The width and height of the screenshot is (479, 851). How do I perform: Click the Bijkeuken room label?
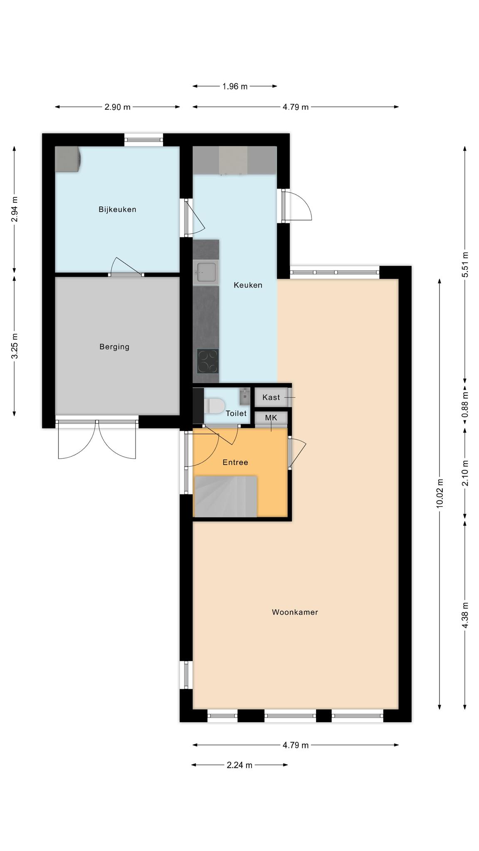click(117, 209)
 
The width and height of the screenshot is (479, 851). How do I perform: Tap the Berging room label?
click(114, 347)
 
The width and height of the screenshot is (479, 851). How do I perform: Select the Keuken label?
click(248, 285)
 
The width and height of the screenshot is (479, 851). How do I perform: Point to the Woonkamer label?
click(295, 612)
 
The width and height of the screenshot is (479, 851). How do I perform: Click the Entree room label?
click(235, 462)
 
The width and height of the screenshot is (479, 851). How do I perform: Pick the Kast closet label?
click(271, 397)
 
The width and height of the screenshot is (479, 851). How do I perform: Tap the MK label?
click(271, 418)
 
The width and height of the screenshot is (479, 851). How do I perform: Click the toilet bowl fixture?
click(214, 406)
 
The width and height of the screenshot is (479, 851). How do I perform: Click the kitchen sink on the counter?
click(206, 273)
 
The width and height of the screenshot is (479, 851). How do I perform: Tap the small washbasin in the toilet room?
click(245, 396)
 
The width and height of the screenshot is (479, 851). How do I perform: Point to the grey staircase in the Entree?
click(226, 497)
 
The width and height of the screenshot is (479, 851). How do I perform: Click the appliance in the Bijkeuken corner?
click(68, 159)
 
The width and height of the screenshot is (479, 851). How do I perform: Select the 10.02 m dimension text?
click(440, 493)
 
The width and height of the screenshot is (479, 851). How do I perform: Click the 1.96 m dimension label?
click(235, 86)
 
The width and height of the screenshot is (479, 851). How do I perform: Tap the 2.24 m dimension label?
click(239, 765)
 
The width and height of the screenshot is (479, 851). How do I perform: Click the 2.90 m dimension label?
click(117, 107)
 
